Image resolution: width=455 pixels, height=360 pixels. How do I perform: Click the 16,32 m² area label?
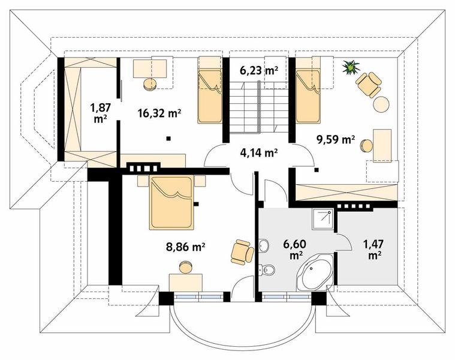[x=159, y=113]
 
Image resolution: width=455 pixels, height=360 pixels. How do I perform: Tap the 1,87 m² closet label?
[x=101, y=113]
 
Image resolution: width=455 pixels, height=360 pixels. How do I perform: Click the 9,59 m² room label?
[x=336, y=140]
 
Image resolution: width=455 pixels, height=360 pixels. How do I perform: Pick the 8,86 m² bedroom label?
[x=186, y=247]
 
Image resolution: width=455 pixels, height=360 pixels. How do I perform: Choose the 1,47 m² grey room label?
[x=375, y=250]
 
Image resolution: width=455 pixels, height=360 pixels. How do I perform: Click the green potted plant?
[x=351, y=68]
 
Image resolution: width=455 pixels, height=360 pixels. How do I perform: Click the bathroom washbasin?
[x=264, y=246]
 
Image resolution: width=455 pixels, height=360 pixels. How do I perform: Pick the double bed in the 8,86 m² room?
[x=171, y=202]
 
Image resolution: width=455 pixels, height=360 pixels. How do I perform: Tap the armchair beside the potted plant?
[x=369, y=84]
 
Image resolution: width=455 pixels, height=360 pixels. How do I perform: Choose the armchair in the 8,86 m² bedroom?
[x=243, y=252]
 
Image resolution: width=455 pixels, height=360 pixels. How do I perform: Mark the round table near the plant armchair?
[x=381, y=104]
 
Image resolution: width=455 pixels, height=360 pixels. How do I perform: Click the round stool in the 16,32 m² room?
[x=150, y=85]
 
